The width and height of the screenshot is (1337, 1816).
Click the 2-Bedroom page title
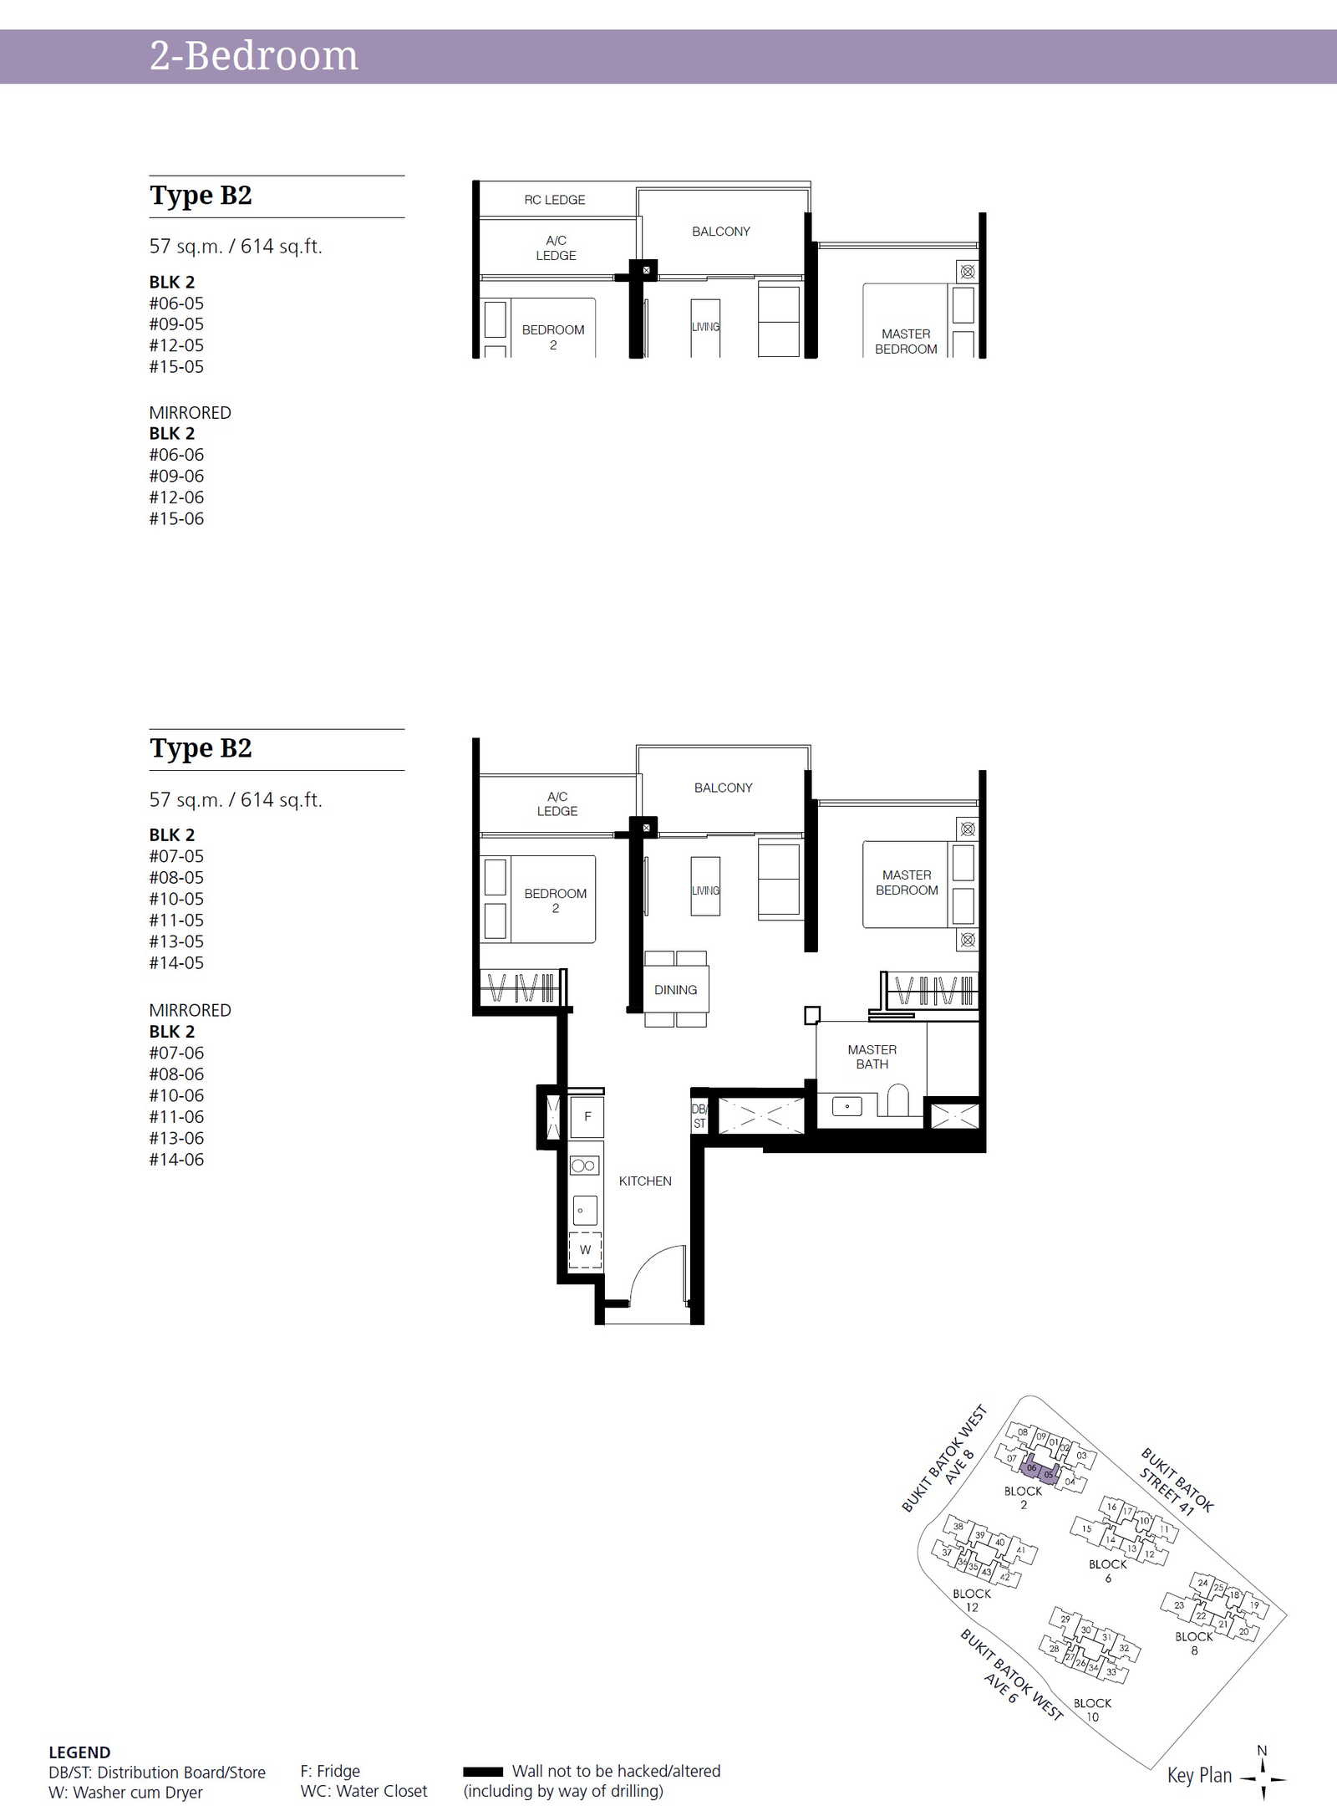pyautogui.click(x=254, y=56)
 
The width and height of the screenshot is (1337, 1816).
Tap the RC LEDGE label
pyautogui.click(x=555, y=200)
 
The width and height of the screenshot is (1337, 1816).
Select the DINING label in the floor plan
pyautogui.click(x=675, y=990)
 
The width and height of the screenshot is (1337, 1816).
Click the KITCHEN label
pyautogui.click(x=645, y=1181)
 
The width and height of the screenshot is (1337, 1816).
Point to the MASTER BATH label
pyautogui.click(x=872, y=1057)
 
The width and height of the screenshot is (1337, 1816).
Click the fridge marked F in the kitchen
pyautogui.click(x=587, y=1116)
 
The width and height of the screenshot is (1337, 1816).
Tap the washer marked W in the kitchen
pyautogui.click(x=585, y=1250)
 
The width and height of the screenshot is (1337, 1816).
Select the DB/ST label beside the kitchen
pyautogui.click(x=699, y=1116)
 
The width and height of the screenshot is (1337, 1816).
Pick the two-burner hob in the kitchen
pyautogui.click(x=584, y=1166)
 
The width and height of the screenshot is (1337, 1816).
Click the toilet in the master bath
pyautogui.click(x=897, y=1100)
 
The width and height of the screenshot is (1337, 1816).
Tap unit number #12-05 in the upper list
pyautogui.click(x=176, y=345)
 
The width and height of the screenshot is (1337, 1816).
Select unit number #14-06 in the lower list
pyautogui.click(x=176, y=1160)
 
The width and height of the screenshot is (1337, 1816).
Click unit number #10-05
pyautogui.click(x=176, y=899)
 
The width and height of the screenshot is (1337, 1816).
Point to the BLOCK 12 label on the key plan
pyautogui.click(x=972, y=1600)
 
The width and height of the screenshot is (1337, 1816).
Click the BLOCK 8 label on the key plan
pyautogui.click(x=1194, y=1644)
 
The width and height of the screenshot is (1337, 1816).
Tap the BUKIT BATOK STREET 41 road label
pyautogui.click(x=1176, y=1481)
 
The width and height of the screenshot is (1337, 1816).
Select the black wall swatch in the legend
pyautogui.click(x=483, y=1771)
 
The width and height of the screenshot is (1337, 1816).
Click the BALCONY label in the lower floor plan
pyautogui.click(x=724, y=788)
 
